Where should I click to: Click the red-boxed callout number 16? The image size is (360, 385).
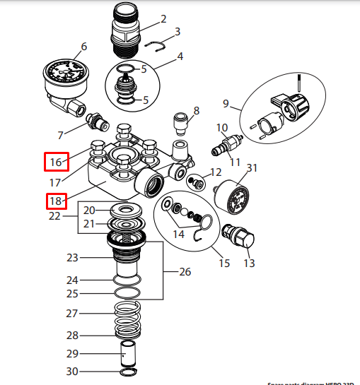click(56, 163)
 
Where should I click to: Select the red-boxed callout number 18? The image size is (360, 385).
click(56, 202)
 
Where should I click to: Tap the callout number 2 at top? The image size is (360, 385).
click(163, 19)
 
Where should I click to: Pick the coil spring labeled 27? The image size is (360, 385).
click(129, 315)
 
